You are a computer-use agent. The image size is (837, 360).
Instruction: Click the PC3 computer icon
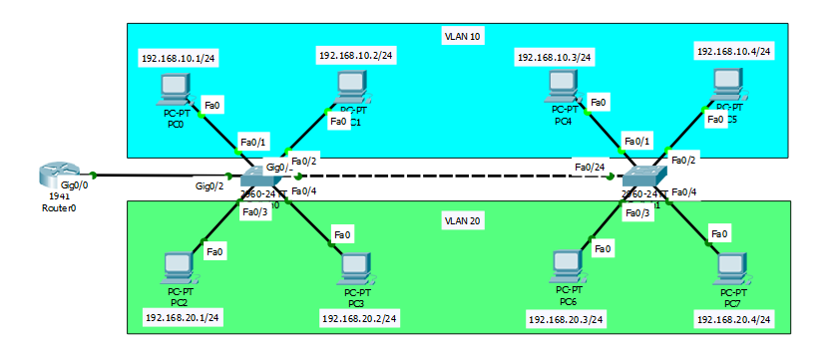tap(356, 268)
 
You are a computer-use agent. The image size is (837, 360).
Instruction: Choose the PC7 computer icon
tap(732, 268)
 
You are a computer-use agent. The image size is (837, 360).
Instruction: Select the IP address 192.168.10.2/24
tap(356, 55)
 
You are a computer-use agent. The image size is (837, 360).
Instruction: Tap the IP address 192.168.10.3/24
tap(555, 58)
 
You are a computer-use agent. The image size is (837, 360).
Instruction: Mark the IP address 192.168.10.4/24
tap(733, 51)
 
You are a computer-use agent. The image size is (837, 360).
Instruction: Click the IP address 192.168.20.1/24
tap(184, 317)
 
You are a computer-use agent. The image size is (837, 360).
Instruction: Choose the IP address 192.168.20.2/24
tap(359, 318)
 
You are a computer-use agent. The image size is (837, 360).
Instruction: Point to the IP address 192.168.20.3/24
tap(564, 318)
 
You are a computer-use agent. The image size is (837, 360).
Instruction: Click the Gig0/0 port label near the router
tap(75, 185)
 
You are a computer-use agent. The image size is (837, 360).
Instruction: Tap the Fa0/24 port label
tap(590, 166)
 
